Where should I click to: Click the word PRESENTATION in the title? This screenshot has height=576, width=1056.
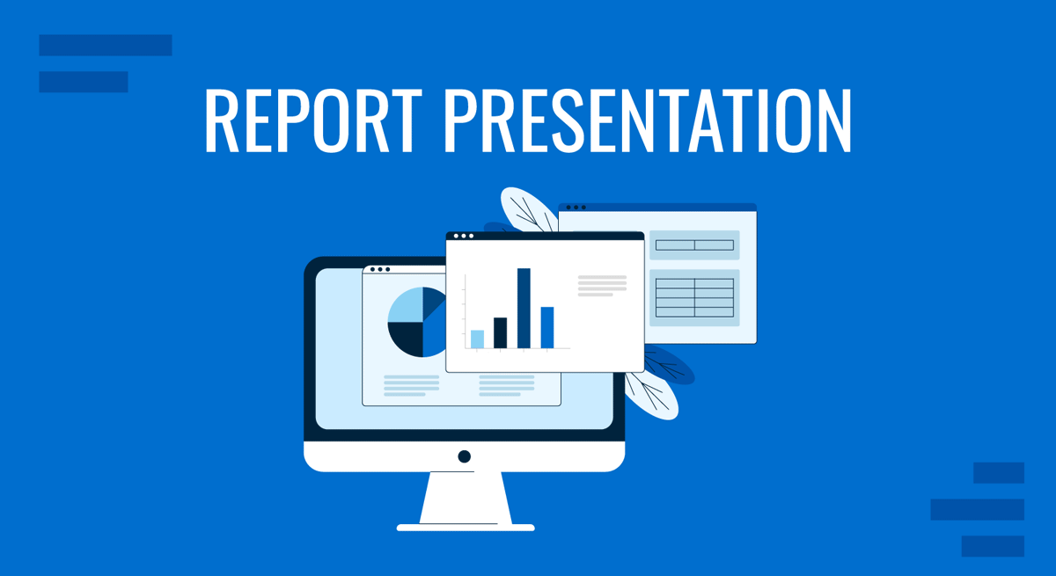click(x=647, y=120)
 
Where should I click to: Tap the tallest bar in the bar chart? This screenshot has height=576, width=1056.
click(x=524, y=308)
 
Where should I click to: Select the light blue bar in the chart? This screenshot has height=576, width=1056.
click(x=477, y=339)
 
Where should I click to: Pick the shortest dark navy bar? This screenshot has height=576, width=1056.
click(x=500, y=332)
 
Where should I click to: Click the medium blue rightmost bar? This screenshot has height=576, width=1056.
click(x=547, y=327)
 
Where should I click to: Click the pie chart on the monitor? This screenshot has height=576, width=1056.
click(x=416, y=321)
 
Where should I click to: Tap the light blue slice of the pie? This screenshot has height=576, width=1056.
click(x=405, y=305)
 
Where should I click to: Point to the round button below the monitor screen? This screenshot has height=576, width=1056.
click(x=465, y=456)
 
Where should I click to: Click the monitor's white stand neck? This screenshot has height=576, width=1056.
click(x=465, y=497)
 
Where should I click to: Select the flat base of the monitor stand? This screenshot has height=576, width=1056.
click(x=465, y=528)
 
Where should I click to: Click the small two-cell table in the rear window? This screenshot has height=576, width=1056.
click(x=694, y=244)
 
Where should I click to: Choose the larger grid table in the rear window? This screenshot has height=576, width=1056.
click(x=694, y=297)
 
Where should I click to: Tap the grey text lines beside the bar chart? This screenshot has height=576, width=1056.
click(x=602, y=285)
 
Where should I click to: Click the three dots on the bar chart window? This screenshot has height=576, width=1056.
click(x=463, y=236)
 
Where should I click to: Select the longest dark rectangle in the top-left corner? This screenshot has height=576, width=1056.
click(x=106, y=45)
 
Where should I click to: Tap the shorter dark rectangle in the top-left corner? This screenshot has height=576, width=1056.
click(x=84, y=82)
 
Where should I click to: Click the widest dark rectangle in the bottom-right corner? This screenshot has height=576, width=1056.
click(x=977, y=509)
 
